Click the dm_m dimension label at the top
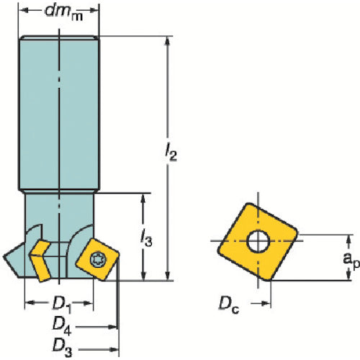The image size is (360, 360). point(64,12)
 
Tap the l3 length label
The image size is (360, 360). point(146,238)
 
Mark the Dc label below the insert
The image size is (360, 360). point(229,305)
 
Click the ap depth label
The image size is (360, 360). point(351,260)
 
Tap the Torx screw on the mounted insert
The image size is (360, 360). point(98,259)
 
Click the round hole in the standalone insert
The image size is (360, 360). point(258,241)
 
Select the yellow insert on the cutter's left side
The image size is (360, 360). point(40,261)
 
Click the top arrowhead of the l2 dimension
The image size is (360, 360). point(168,41)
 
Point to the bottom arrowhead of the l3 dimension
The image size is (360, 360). point(143,276)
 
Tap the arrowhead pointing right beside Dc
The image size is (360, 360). point(266,304)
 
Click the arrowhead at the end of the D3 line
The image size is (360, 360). point(114,349)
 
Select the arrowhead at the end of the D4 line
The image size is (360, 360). point(113,327)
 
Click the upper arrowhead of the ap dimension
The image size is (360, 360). point(349,239)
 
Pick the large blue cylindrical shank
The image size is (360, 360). point(59,114)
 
